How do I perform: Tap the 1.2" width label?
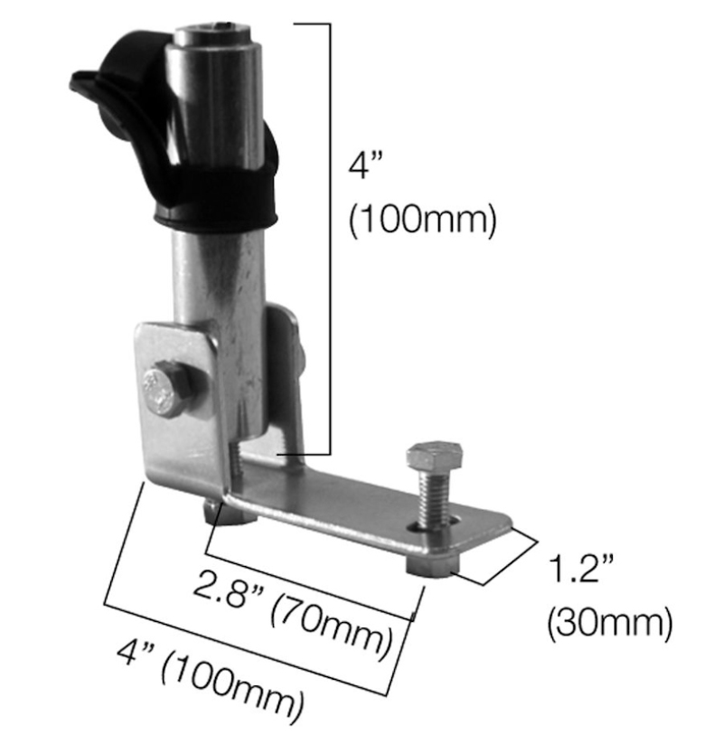click(581, 571)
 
